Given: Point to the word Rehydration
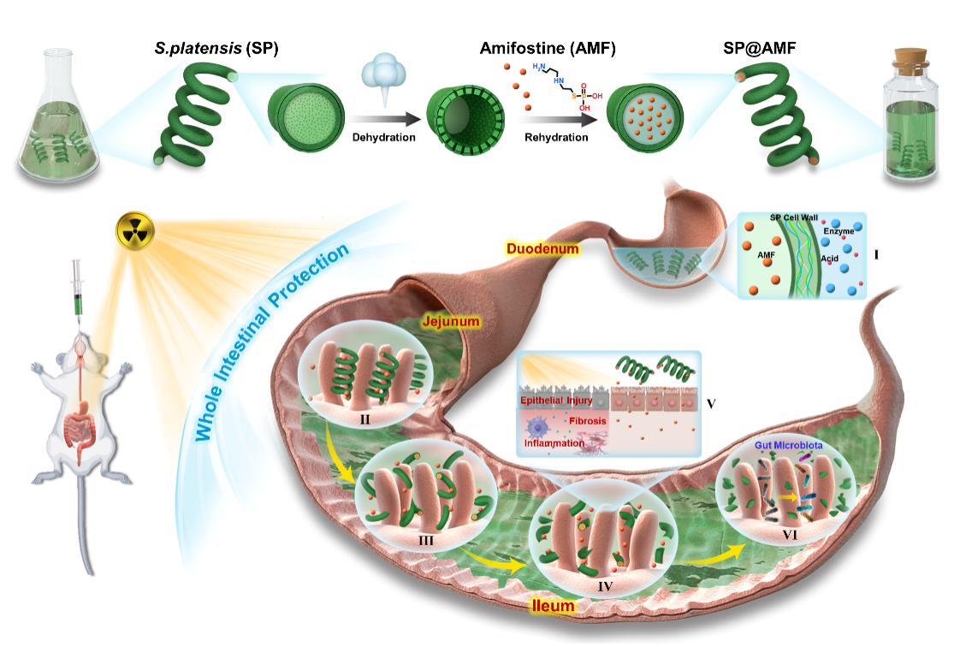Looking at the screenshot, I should [558, 137].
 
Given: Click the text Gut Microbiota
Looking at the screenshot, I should [787, 445].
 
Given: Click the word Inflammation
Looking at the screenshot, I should [554, 443].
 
